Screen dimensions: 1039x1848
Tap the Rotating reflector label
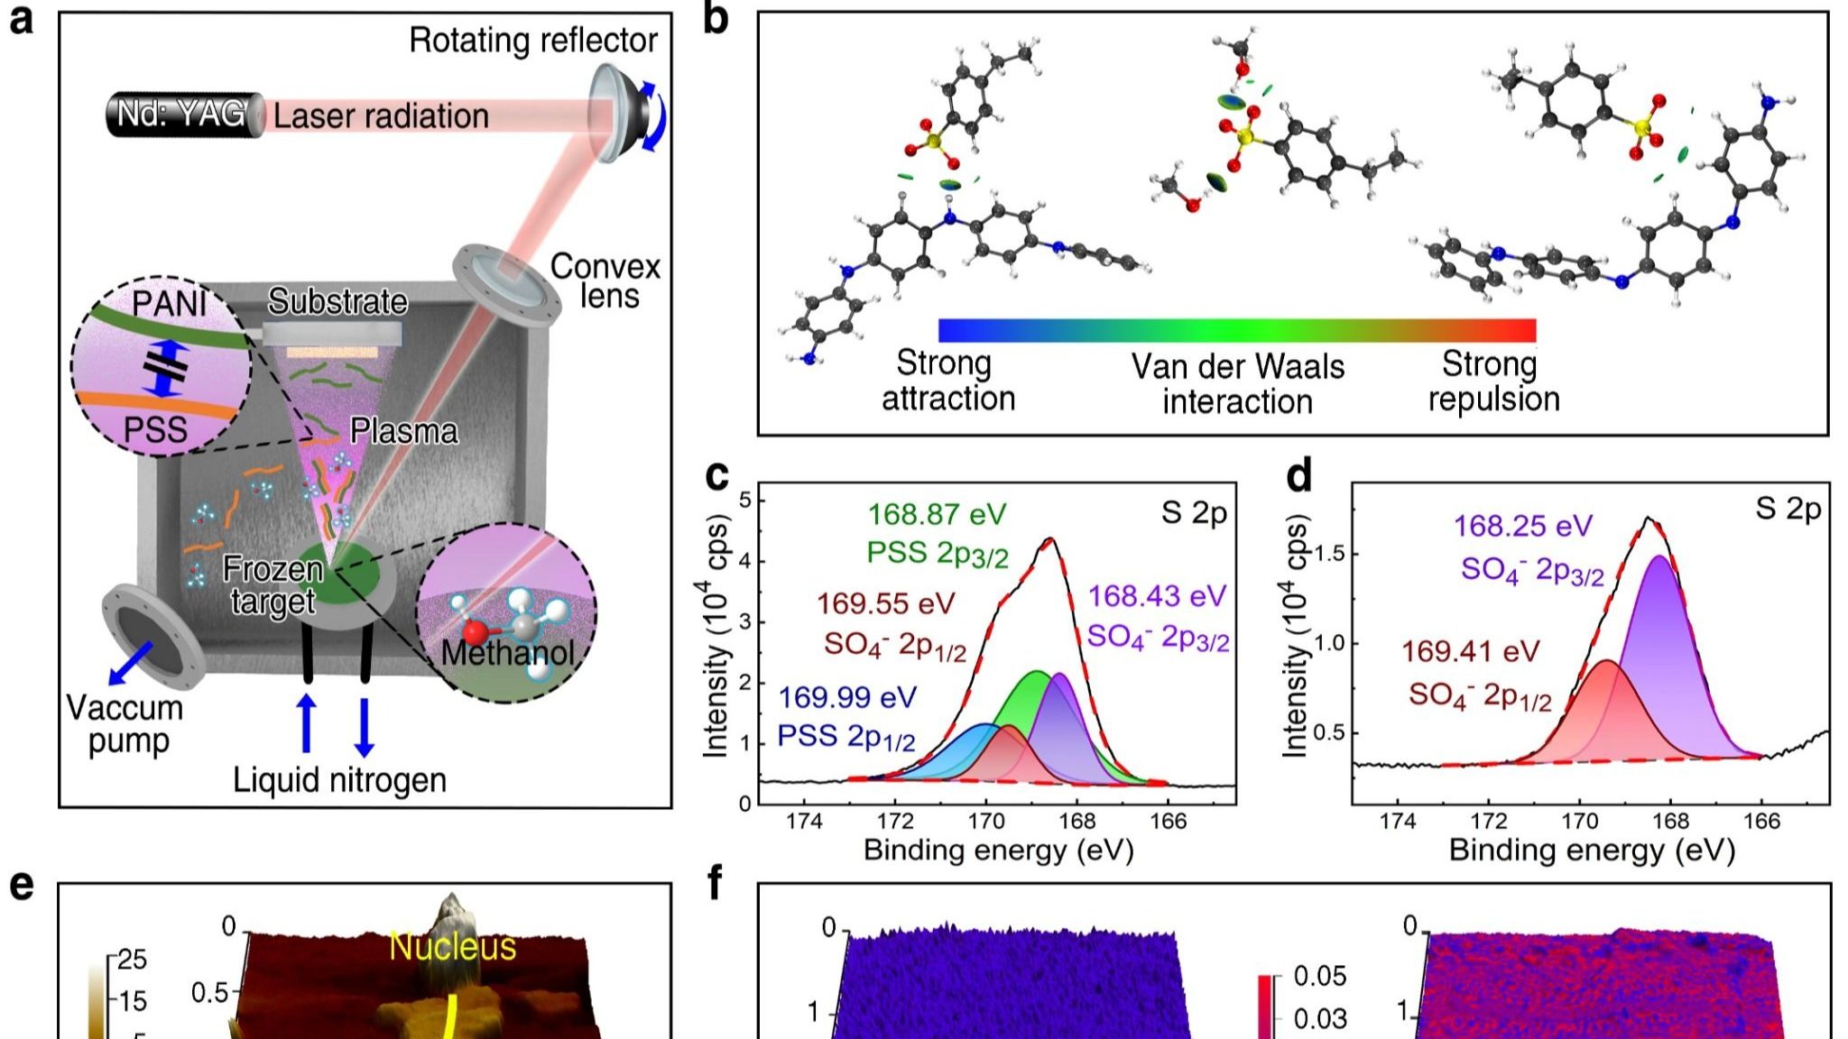tap(533, 41)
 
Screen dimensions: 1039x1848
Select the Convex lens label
tap(605, 280)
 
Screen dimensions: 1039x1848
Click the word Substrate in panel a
tap(337, 301)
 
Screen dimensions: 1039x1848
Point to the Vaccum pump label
tap(125, 724)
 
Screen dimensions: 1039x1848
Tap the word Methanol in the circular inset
tap(507, 652)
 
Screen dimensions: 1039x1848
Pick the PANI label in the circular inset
tap(169, 304)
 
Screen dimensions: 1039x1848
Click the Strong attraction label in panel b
tap(947, 381)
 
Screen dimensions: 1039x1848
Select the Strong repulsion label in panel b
tap(1492, 381)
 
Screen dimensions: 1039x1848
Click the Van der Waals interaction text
tap(1237, 383)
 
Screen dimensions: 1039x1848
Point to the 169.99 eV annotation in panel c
tap(847, 697)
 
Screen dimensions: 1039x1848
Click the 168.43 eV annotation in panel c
tap(1157, 596)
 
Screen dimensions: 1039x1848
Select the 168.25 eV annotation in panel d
tap(1523, 526)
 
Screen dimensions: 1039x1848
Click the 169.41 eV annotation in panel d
tap(1470, 651)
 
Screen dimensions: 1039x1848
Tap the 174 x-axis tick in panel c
tap(805, 822)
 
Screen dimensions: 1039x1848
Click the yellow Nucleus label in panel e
tap(452, 947)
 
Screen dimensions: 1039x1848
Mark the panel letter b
tap(716, 20)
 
